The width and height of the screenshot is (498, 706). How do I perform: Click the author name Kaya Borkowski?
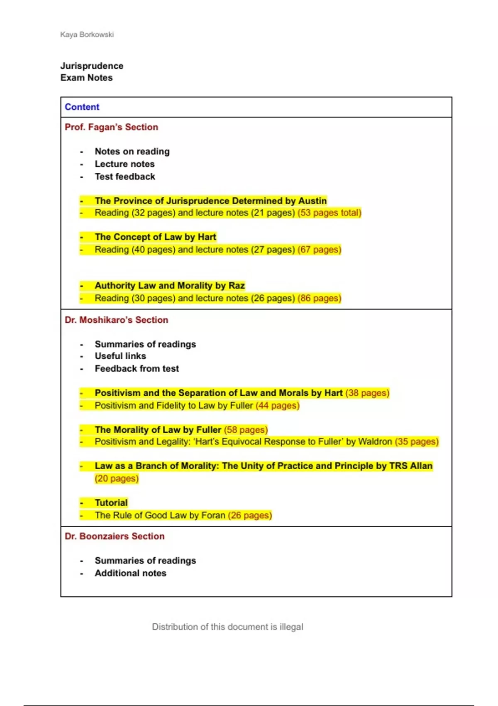tap(87, 34)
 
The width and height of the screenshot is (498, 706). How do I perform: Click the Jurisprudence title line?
tap(92, 66)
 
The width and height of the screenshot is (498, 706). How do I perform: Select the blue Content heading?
tap(82, 107)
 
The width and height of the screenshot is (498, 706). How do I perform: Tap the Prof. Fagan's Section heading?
tap(111, 127)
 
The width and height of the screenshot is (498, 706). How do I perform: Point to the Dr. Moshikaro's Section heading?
tap(116, 320)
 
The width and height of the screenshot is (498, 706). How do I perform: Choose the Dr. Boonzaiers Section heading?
tap(115, 536)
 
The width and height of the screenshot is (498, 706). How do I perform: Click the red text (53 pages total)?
tap(329, 213)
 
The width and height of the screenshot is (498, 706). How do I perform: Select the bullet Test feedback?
tap(125, 176)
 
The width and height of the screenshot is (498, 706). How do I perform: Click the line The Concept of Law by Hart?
tap(155, 237)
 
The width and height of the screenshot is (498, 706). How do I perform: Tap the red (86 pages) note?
tap(319, 298)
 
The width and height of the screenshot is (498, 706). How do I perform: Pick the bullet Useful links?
tap(120, 356)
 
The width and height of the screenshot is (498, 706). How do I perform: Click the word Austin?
tap(312, 201)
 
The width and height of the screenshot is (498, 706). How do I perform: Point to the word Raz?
tap(237, 285)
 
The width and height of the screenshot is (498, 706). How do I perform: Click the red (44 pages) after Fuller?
tap(277, 405)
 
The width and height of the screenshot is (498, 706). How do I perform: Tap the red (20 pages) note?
tap(117, 478)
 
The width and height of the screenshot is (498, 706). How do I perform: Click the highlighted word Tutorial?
tap(111, 503)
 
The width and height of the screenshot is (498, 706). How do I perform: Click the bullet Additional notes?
tap(130, 573)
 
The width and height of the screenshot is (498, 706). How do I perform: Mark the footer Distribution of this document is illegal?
tap(227, 627)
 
